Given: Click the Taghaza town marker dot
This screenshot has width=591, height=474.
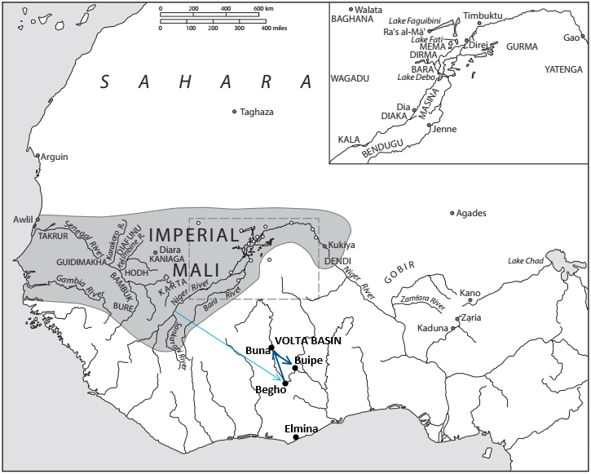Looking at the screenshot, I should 235,112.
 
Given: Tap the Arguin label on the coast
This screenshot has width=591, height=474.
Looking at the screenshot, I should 55,157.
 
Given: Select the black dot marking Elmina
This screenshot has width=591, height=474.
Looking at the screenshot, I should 296,438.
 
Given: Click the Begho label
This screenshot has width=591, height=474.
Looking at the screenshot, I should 269,390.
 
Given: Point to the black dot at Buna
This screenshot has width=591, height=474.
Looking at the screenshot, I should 271,348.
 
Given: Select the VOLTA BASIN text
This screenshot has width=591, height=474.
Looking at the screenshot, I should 308,340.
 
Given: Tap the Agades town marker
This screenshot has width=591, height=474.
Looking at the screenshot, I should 452,214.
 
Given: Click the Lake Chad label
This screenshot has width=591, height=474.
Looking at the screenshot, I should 525,261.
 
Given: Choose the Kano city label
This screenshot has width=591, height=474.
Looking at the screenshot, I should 470,293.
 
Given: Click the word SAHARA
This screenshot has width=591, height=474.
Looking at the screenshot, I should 207,82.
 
